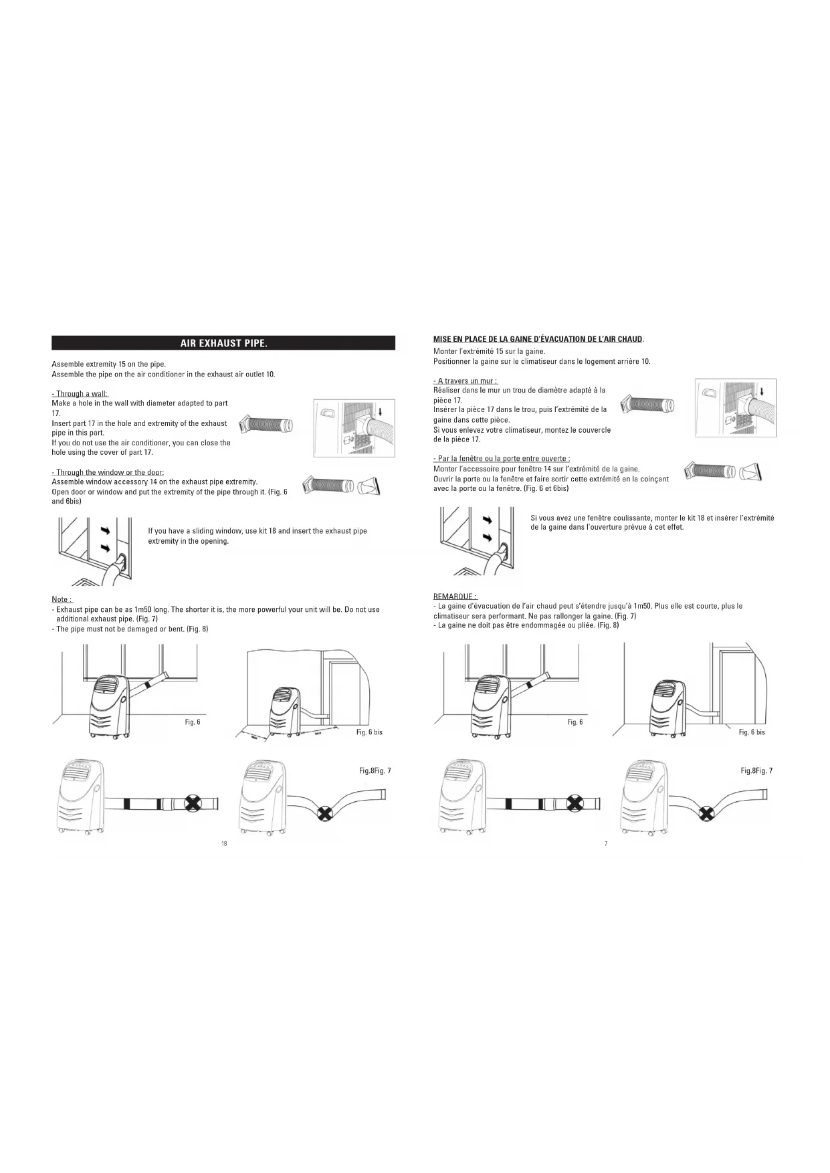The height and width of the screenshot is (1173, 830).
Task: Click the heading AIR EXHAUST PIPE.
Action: click(223, 344)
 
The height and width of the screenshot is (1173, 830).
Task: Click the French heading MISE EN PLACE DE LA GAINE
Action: click(538, 339)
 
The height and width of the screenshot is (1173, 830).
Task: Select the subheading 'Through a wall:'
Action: click(80, 394)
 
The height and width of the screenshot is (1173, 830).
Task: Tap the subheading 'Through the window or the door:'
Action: click(108, 473)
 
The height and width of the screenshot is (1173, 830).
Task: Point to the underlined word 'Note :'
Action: click(62, 599)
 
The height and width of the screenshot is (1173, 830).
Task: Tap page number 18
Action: click(224, 844)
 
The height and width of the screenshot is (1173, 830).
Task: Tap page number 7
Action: click(606, 844)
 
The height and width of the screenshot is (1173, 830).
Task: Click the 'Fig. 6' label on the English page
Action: click(193, 722)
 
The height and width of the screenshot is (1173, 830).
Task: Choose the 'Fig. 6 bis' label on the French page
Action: click(752, 732)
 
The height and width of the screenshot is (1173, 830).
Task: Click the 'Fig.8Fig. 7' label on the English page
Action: click(375, 771)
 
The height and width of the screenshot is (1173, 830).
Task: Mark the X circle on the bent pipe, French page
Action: click(706, 813)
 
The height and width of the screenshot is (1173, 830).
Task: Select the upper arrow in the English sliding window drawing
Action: click(105, 530)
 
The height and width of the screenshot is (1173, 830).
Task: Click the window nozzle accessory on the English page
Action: click(369, 486)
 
